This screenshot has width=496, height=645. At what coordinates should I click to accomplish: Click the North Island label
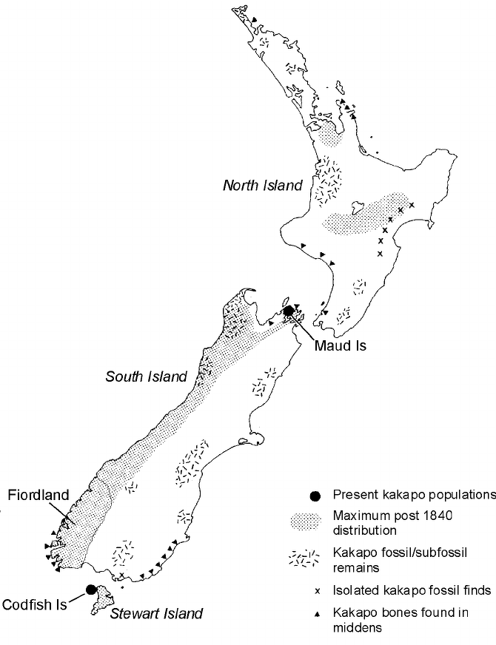[x=263, y=185]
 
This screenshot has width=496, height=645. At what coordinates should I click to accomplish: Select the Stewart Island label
[x=156, y=613]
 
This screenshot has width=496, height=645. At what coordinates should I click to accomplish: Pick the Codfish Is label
[x=35, y=604]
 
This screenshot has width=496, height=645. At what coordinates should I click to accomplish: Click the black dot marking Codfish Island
[x=90, y=590]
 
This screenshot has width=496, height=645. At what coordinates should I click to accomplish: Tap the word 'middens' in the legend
[x=358, y=628]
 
